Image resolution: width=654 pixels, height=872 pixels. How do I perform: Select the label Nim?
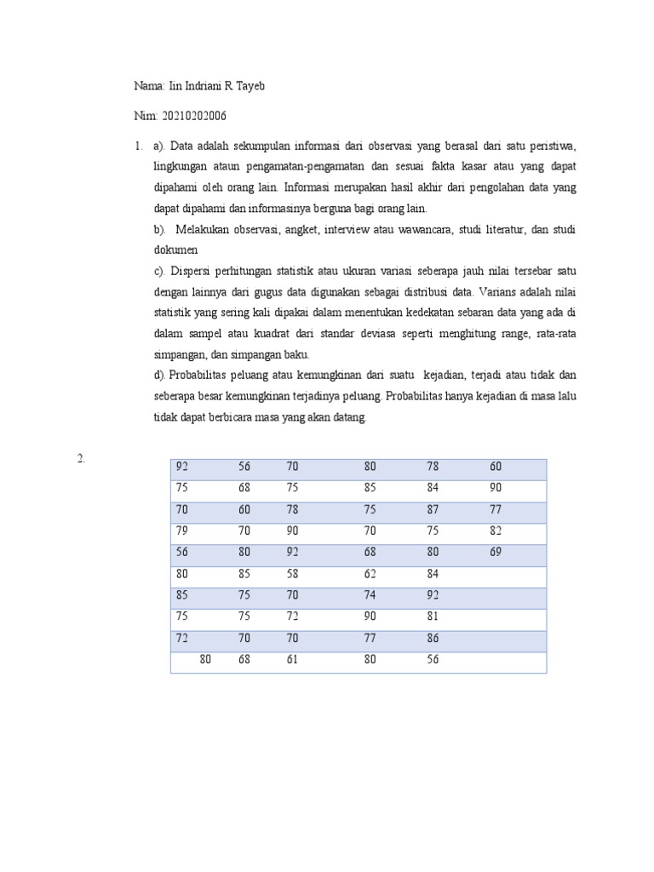click(146, 116)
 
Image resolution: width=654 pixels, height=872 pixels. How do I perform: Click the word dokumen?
click(175, 250)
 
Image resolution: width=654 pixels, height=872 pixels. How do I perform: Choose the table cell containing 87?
click(433, 509)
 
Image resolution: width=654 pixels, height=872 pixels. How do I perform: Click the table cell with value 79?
click(181, 531)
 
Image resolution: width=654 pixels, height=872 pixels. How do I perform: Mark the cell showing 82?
click(496, 531)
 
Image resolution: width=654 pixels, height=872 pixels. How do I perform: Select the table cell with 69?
click(496, 552)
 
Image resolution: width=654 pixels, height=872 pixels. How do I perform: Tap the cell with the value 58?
click(292, 573)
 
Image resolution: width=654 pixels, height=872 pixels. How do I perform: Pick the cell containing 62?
click(370, 573)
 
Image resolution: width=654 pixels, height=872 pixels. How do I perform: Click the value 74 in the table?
click(370, 595)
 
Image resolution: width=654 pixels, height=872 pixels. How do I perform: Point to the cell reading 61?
click(292, 659)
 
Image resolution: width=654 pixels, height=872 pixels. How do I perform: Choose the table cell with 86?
click(433, 638)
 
